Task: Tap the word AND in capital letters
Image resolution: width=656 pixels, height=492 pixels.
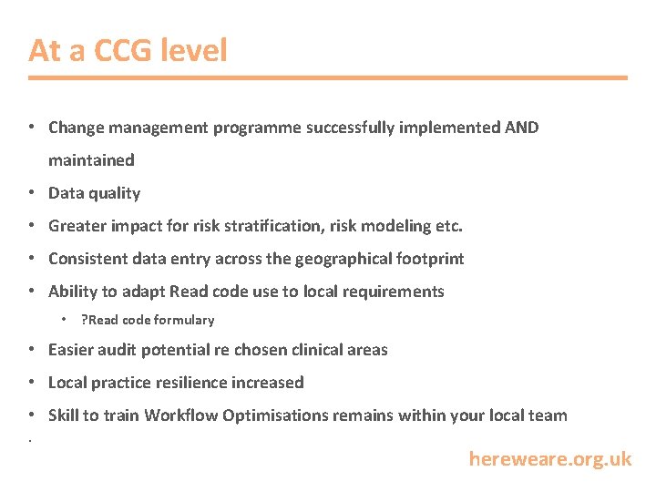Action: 521,128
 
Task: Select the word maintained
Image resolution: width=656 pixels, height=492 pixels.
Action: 91,160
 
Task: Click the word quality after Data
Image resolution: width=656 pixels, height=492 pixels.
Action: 115,193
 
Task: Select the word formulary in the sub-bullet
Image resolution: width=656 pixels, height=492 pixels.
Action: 184,320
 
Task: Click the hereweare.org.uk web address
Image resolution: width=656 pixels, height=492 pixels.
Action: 549,459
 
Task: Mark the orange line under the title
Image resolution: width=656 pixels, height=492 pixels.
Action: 328,78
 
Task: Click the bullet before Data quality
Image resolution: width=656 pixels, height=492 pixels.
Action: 32,193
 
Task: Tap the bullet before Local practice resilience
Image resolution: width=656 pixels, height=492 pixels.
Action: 32,383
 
